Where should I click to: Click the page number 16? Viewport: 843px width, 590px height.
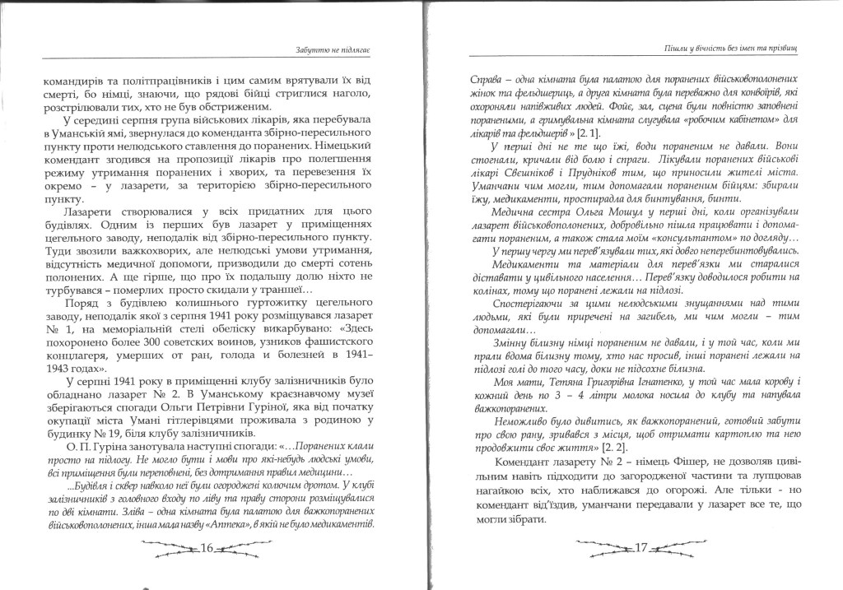[x=207, y=547]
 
